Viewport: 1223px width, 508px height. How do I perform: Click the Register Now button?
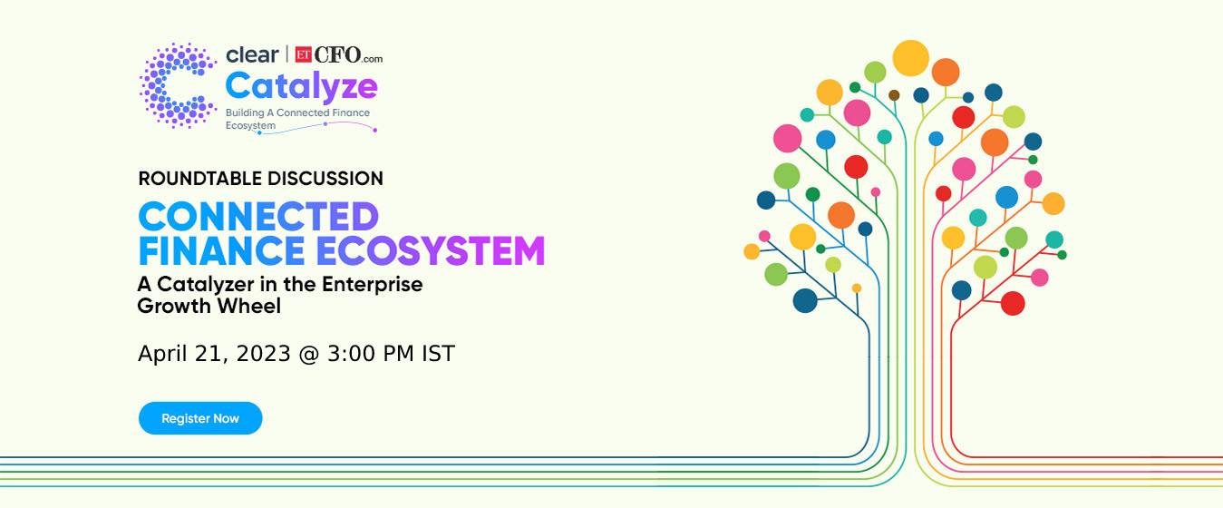point(200,418)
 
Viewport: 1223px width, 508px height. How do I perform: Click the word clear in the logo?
point(252,54)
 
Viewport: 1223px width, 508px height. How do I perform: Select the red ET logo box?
point(303,54)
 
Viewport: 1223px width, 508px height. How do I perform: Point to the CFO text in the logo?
point(337,54)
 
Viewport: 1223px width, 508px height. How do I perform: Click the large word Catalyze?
point(301,87)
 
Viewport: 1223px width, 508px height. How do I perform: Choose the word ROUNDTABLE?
point(199,179)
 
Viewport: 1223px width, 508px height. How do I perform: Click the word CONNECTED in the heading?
point(258,217)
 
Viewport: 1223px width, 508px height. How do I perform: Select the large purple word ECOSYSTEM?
point(431,251)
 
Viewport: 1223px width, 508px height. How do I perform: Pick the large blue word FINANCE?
point(221,251)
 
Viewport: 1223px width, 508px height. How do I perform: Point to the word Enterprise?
point(372,285)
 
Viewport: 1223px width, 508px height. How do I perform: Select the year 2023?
point(263,354)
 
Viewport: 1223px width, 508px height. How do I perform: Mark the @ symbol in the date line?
point(309,355)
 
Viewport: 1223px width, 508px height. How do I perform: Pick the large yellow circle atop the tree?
point(911,58)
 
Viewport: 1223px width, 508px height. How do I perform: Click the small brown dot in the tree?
point(894,95)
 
